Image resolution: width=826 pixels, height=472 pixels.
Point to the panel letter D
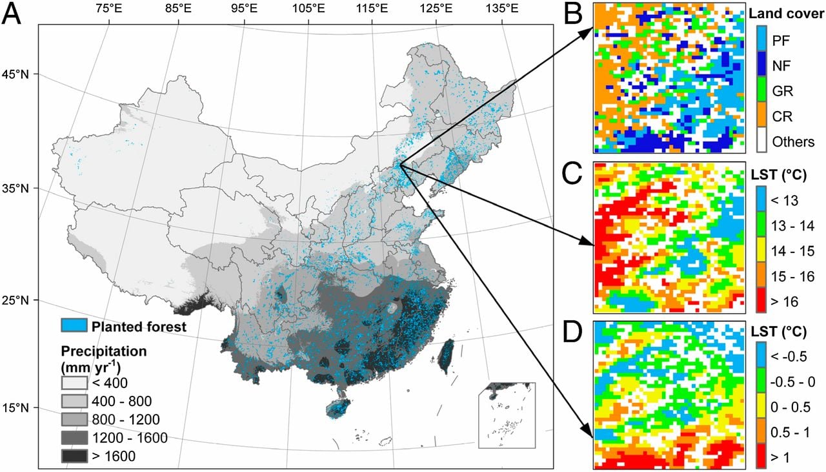(x=574, y=334)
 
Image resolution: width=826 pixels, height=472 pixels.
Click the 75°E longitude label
(x=110, y=8)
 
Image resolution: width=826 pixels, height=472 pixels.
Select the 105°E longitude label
(x=307, y=8)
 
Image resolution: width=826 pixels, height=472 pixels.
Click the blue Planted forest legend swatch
(x=74, y=326)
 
